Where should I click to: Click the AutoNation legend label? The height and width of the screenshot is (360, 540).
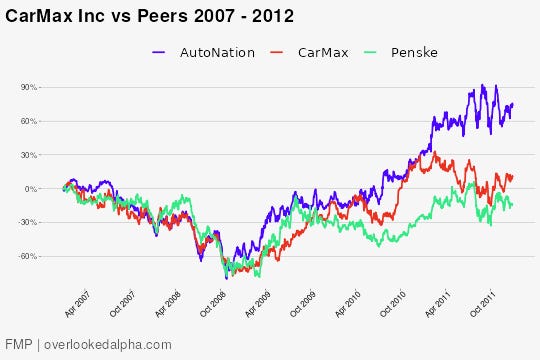point(217,52)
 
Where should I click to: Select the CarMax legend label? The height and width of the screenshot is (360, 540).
point(323,52)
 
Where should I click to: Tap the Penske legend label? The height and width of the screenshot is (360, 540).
point(415,52)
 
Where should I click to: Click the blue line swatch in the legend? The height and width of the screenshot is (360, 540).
point(161,52)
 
